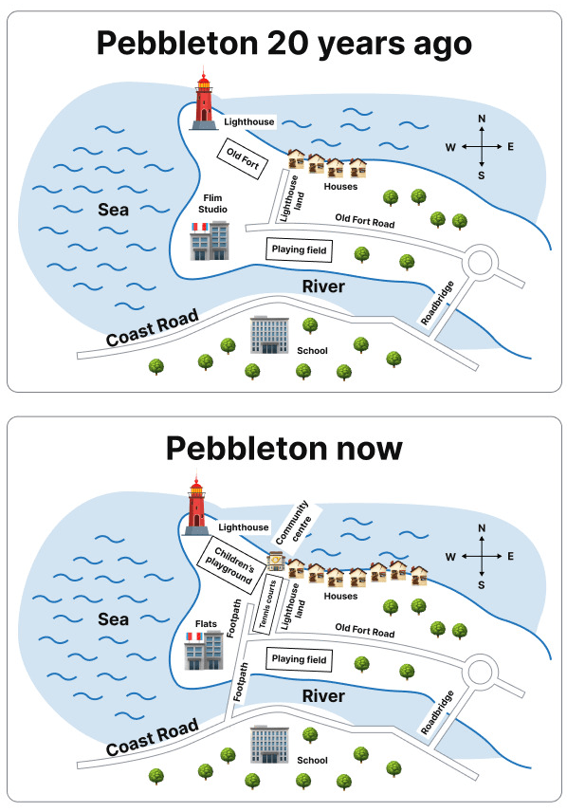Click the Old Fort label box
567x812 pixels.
pos(242,158)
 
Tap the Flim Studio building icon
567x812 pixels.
pos(210,240)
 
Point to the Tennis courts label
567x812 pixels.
pos(267,603)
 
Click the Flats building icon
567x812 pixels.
pos(204,650)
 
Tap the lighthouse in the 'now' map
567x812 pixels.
pos(196,505)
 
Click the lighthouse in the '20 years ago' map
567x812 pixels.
pos(204,99)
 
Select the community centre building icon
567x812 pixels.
pos(276,561)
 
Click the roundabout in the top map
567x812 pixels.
pos(479,262)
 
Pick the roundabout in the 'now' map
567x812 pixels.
pos(479,672)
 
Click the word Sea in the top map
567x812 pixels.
pos(114,210)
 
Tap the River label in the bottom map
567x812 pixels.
pos(323,696)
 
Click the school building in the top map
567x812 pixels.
pos(269,335)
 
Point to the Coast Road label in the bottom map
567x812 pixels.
pos(153,736)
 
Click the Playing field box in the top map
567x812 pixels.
pos(299,249)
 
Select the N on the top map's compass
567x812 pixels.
pos(482,119)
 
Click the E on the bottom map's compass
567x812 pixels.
pos(510,556)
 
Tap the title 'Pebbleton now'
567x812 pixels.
pos(283,449)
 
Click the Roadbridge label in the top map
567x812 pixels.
pos(437,303)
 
